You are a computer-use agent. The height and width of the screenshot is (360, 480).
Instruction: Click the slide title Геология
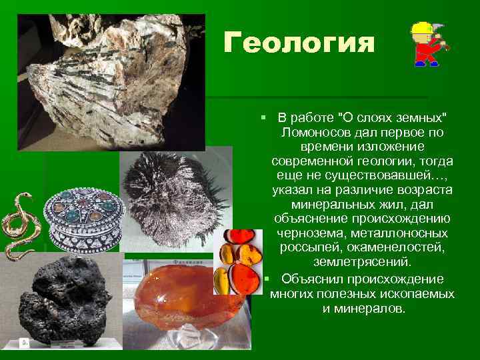coord(299,43)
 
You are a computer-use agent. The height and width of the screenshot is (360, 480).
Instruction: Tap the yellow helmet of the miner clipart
coord(422,29)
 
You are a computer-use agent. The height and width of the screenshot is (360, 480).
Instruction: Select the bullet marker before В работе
coord(265,118)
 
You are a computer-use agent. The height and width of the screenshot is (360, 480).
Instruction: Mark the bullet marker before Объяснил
coord(265,278)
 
